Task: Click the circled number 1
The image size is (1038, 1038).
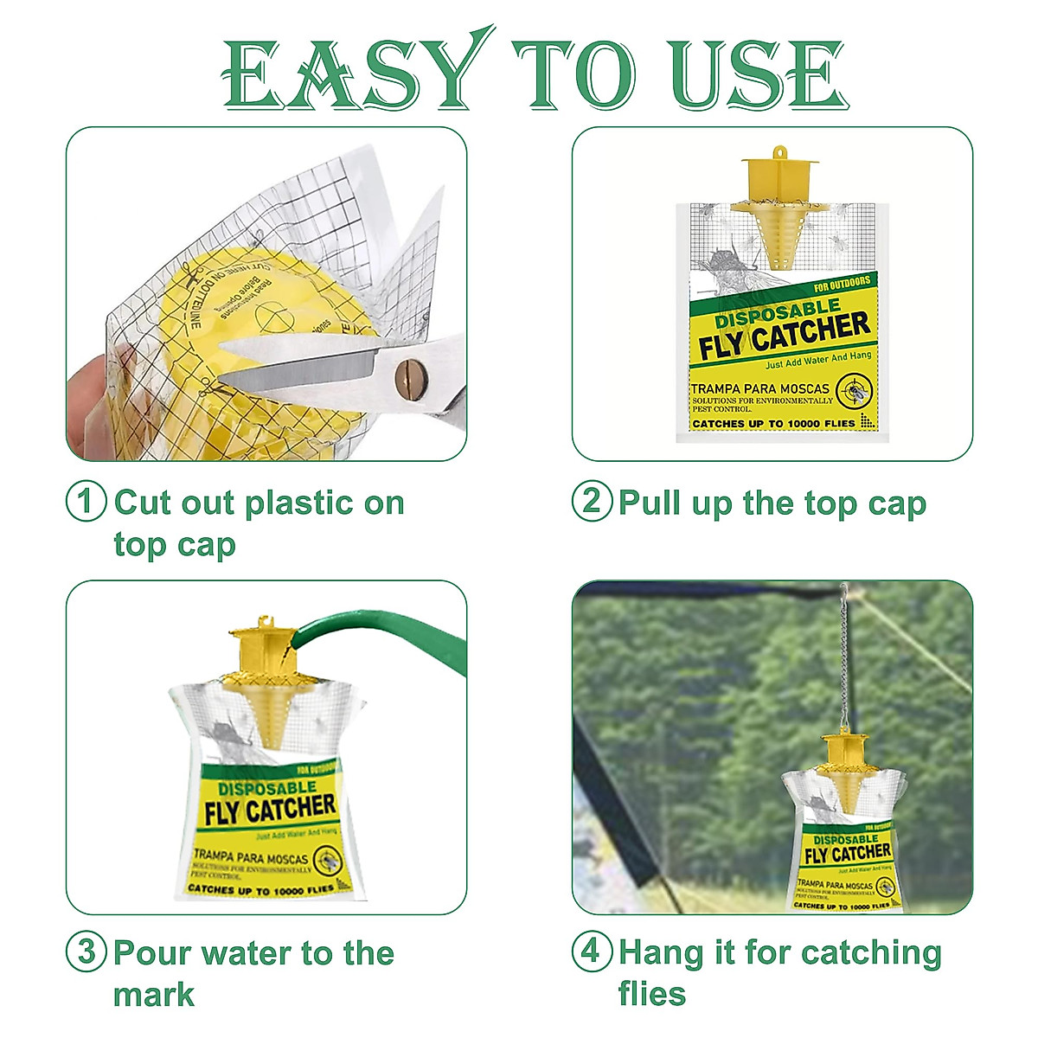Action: pyautogui.click(x=86, y=503)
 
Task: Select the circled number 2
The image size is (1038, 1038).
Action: pyautogui.click(x=592, y=502)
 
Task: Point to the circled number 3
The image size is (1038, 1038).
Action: pyautogui.click(x=86, y=952)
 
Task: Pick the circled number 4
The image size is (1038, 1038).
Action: pyautogui.click(x=592, y=952)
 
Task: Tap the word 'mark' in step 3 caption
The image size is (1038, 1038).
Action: pyautogui.click(x=153, y=995)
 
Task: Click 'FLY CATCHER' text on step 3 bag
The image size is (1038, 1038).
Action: pyautogui.click(x=269, y=811)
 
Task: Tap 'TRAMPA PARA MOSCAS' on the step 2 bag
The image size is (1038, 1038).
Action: pyautogui.click(x=759, y=388)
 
